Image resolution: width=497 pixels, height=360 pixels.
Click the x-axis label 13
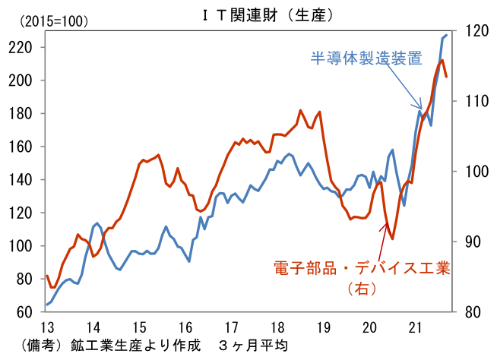click(x=46, y=327)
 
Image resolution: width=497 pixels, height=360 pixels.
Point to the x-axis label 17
click(x=231, y=327)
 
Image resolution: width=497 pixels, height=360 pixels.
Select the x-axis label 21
click(x=416, y=327)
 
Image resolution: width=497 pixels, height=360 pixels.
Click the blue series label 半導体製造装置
click(x=366, y=58)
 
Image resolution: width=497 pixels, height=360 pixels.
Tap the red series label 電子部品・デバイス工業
click(x=362, y=267)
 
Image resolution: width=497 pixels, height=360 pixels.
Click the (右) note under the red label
click(x=362, y=289)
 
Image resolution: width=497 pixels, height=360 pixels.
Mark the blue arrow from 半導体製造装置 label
click(x=402, y=87)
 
